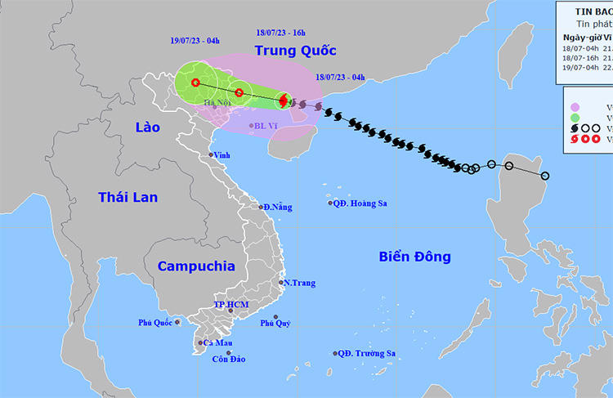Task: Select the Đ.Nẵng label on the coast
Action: click(277, 208)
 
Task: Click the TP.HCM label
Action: click(230, 304)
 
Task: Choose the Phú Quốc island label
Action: click(155, 323)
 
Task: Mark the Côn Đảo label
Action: click(228, 359)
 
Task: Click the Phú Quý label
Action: click(276, 323)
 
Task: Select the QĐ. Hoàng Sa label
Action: click(360, 203)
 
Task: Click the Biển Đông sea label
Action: click(414, 257)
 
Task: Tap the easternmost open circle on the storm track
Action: click(545, 176)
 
